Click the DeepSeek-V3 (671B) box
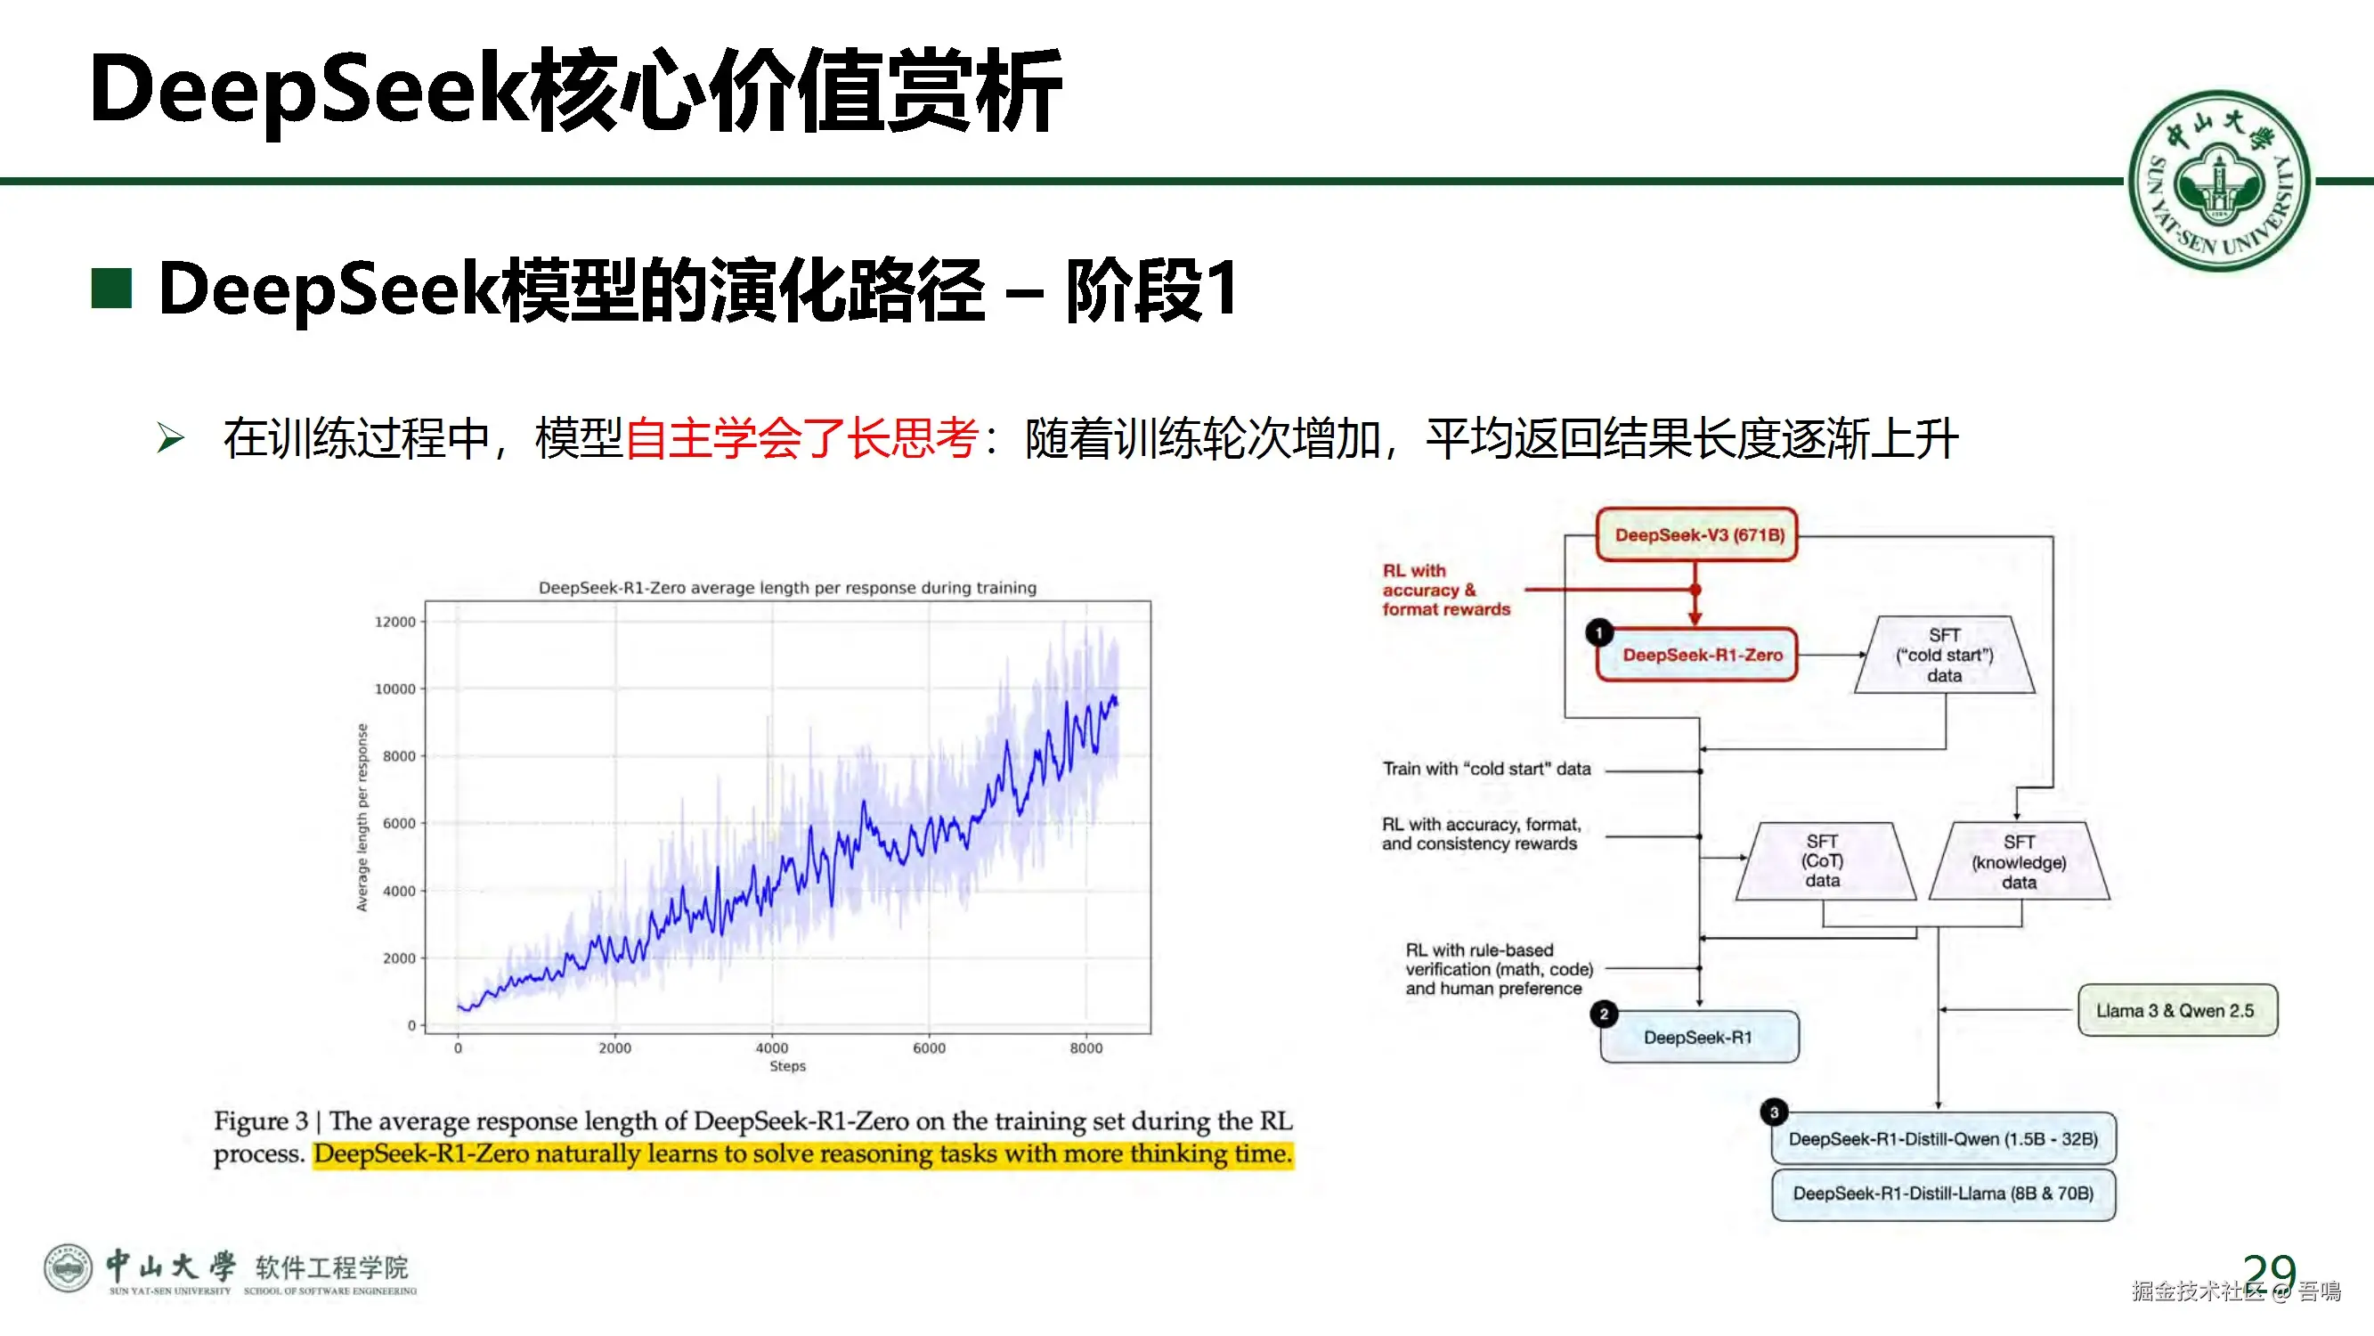click(1696, 534)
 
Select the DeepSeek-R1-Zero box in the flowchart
click(1696, 655)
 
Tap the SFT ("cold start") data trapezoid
click(1945, 655)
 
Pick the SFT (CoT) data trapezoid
click(1825, 861)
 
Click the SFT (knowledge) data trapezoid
click(2020, 861)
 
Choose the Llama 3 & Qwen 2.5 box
click(2177, 1011)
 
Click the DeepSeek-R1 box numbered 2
click(1699, 1038)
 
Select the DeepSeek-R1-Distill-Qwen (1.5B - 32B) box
click(1944, 1138)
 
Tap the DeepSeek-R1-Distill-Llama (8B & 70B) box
click(1944, 1194)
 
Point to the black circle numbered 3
click(1774, 1112)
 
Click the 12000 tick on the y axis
click(395, 623)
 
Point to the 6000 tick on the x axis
click(929, 1048)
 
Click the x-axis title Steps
click(788, 1067)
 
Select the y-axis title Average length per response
click(362, 818)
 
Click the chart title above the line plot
click(788, 588)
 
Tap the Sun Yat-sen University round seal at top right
click(2220, 182)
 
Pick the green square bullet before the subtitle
click(111, 289)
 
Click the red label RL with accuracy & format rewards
click(1446, 591)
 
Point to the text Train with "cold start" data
click(1486, 769)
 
